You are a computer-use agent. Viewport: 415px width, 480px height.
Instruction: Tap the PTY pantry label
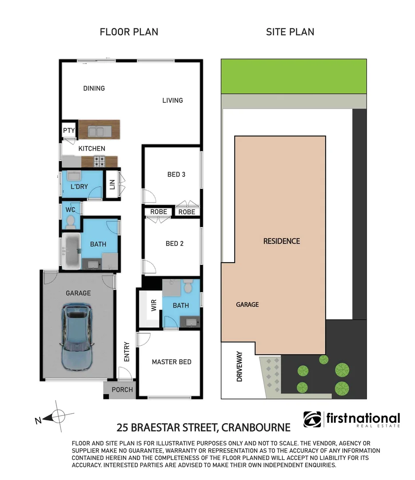point(69,131)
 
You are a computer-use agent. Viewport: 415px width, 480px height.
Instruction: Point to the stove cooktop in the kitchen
point(99,161)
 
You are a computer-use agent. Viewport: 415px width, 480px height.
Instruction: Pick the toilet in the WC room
point(70,221)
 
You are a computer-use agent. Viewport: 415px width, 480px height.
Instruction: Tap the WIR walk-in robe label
point(154,306)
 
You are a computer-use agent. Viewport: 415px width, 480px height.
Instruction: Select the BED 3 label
point(176,174)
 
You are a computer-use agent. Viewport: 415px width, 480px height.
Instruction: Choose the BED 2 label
point(174,244)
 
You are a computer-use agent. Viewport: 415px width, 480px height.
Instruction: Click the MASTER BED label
point(172,362)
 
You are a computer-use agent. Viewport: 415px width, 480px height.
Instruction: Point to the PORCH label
point(122,390)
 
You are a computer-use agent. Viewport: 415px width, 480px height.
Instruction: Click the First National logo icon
point(312,419)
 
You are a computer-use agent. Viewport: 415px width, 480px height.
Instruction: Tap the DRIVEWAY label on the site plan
point(240,367)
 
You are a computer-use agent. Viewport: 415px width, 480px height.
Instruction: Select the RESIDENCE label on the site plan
point(282,241)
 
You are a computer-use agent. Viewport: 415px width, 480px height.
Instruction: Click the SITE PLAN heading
point(290,32)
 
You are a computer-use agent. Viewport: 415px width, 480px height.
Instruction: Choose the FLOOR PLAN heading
point(129,32)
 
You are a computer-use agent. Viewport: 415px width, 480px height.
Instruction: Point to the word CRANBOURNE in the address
point(256,428)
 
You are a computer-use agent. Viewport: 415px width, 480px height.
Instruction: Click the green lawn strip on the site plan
point(294,76)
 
